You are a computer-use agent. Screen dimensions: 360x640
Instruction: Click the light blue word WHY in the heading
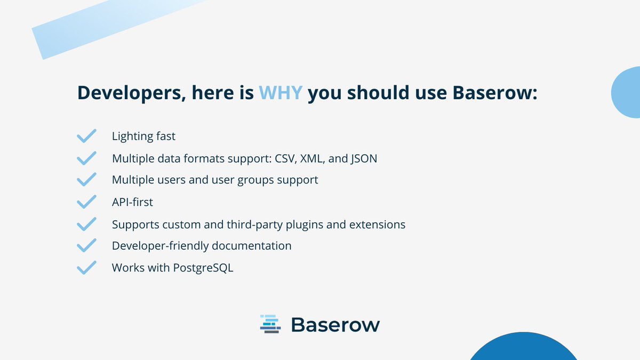[x=281, y=92]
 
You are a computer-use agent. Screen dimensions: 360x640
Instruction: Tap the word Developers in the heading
[x=127, y=92]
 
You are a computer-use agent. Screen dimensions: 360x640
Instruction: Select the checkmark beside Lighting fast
[x=86, y=136]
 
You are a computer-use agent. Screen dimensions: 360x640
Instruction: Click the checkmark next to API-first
[x=86, y=202]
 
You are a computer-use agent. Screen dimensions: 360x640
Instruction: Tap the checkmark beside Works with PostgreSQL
[x=86, y=267]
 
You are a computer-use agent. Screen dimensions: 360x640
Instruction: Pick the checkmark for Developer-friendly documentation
[x=86, y=245]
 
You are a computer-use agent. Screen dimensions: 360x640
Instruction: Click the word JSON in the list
[x=364, y=158]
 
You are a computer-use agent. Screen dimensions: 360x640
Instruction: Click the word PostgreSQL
[x=203, y=268]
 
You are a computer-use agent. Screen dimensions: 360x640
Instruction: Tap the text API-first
[x=132, y=202]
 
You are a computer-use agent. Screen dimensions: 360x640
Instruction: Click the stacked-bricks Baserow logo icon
[x=270, y=324]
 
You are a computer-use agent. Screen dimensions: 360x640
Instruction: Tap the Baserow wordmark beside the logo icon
[x=335, y=324]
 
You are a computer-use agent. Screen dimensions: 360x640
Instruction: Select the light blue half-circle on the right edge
[x=627, y=93]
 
